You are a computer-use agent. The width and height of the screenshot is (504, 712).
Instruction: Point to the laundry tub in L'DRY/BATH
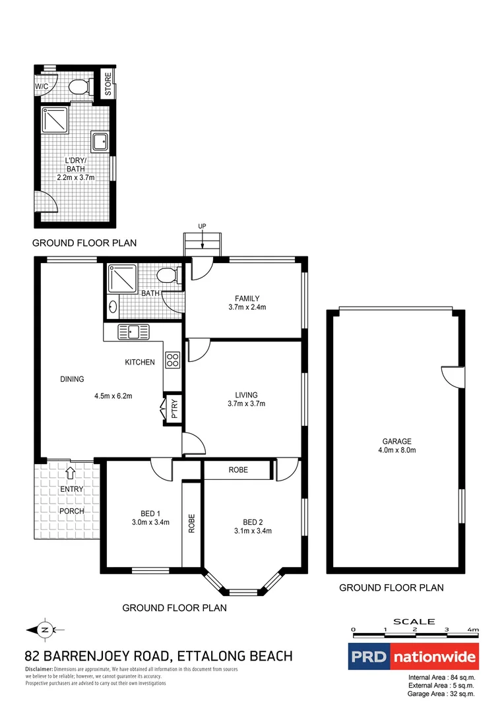coord(100,142)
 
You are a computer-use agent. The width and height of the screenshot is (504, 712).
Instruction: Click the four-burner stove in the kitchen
coord(172,360)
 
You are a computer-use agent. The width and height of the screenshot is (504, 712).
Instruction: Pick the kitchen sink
coord(135,332)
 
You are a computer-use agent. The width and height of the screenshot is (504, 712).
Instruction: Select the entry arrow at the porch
coord(71,471)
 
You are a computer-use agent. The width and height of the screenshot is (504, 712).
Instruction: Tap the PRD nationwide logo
coord(413,657)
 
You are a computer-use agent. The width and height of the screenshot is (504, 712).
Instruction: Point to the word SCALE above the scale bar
coord(414,621)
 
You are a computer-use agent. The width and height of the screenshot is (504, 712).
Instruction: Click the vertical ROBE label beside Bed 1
coord(191,523)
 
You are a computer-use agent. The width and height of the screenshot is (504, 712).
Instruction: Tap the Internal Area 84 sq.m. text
coord(441,677)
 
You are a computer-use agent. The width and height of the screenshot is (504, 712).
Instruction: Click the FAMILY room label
coord(247,298)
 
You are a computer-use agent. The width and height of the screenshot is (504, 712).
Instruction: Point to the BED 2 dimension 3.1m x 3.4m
coord(253,531)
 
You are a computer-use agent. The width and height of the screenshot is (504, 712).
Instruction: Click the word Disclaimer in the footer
coord(40,669)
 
